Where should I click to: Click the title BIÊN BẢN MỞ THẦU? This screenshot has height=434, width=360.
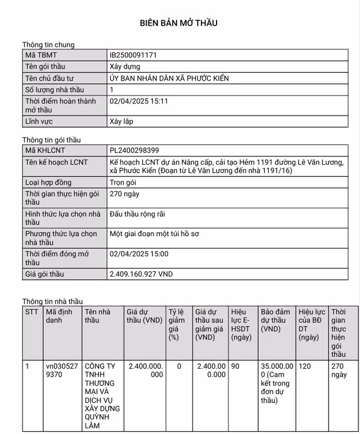[178, 23]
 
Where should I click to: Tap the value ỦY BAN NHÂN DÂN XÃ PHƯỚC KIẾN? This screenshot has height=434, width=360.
[169, 78]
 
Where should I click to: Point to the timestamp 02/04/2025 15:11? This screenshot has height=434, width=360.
[139, 101]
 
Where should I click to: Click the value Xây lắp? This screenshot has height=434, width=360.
[121, 121]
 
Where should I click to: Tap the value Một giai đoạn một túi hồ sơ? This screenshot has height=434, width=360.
[154, 233]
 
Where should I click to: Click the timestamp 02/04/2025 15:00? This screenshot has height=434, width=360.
[139, 254]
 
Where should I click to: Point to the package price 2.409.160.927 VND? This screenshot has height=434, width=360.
[141, 274]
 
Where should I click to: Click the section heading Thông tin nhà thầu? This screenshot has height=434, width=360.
[52, 301]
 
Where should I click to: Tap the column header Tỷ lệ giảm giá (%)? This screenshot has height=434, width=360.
[177, 324]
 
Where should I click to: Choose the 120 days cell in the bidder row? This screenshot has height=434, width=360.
[305, 366]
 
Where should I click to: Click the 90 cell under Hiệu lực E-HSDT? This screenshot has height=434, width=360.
[235, 366]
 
